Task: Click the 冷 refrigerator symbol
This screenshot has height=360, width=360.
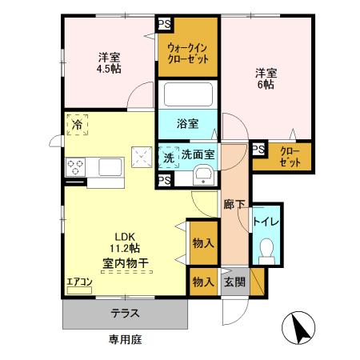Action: [78, 125]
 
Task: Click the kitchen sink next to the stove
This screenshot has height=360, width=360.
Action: [110, 166]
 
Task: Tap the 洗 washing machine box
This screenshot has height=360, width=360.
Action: [168, 157]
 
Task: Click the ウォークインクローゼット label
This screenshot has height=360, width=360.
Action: [189, 53]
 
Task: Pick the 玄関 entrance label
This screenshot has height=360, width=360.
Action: [234, 281]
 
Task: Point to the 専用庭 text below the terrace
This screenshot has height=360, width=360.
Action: [125, 340]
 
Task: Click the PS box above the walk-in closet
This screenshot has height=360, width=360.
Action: [164, 23]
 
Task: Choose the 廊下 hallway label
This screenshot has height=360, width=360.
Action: [234, 204]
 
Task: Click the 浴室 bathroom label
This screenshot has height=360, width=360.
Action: [188, 125]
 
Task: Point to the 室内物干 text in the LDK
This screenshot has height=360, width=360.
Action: [126, 262]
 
